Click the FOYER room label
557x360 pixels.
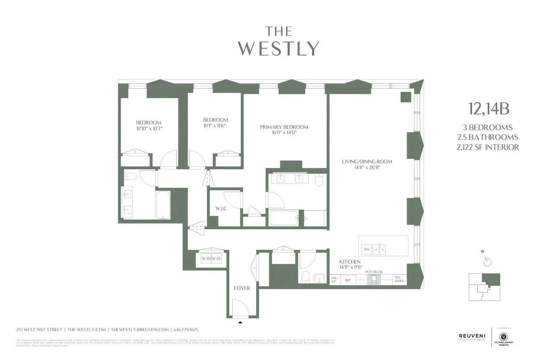coord(242,288)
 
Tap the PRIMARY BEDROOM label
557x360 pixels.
coord(284,127)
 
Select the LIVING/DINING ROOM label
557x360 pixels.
coord(367,161)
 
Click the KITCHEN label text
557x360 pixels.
coord(350,262)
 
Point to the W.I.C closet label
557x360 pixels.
coord(221,208)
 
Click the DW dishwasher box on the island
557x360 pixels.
coord(367,249)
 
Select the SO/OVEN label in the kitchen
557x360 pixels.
coord(399,279)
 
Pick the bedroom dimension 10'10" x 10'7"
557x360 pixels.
coord(149,128)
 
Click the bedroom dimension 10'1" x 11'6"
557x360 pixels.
coord(215,125)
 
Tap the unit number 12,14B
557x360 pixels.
coord(489,109)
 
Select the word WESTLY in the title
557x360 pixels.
coord(278,49)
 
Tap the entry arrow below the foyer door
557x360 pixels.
coord(240,321)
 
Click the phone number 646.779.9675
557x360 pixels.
coord(185,329)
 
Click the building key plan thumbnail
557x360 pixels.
coord(484,286)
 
